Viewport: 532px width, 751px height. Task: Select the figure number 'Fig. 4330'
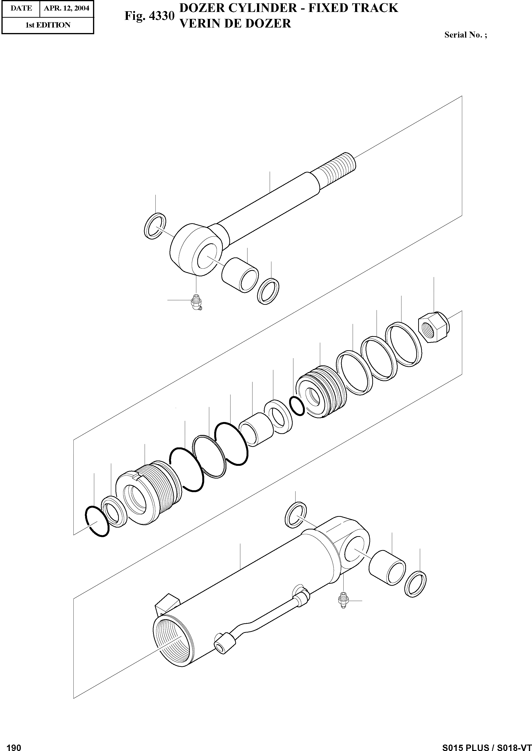[x=149, y=16]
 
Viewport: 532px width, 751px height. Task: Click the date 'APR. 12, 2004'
[x=66, y=8]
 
